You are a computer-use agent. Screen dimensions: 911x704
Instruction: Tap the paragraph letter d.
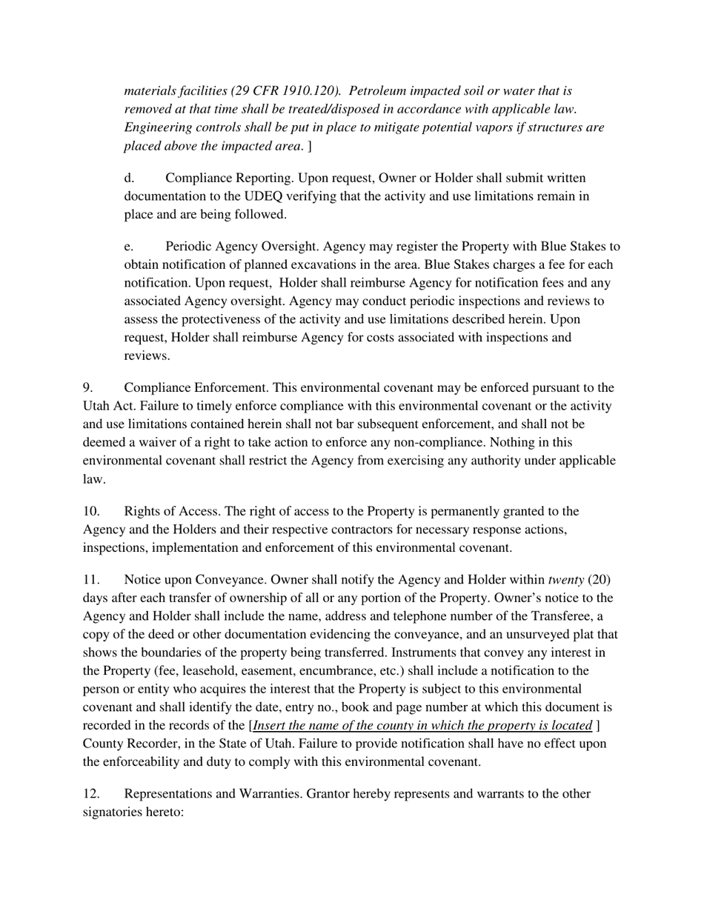pos(128,178)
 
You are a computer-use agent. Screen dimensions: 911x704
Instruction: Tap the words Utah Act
pos(107,407)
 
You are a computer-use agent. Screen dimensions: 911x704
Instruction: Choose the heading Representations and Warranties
pos(213,794)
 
